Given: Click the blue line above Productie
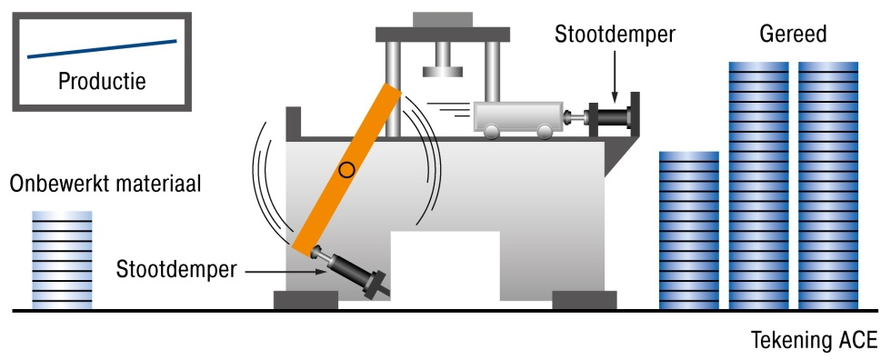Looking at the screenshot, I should (102, 48).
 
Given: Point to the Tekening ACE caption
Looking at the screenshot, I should (814, 342).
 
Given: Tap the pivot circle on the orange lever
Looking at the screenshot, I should (345, 169).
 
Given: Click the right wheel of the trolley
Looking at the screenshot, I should (544, 134).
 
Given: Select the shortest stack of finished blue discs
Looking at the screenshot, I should (688, 231).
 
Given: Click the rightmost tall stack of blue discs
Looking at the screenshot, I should (827, 186).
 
